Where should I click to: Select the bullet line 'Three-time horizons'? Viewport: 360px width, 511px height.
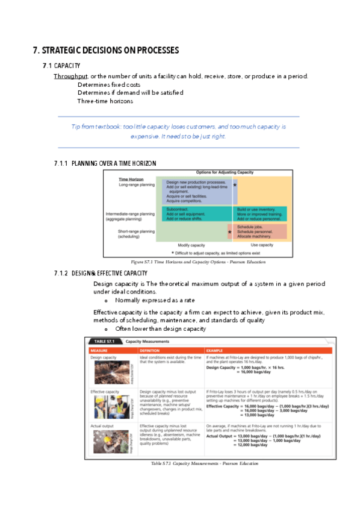tap(105, 101)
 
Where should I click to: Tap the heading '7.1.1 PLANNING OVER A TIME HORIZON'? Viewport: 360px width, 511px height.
tap(105, 163)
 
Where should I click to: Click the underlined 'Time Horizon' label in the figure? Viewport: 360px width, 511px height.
tap(131, 180)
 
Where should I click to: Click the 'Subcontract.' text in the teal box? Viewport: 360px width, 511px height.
tap(177, 209)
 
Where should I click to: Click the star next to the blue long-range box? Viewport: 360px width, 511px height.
tap(235, 185)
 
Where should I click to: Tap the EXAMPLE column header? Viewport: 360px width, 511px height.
tap(216, 350)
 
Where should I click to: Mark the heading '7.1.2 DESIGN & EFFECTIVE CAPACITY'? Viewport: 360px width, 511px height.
tap(101, 274)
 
